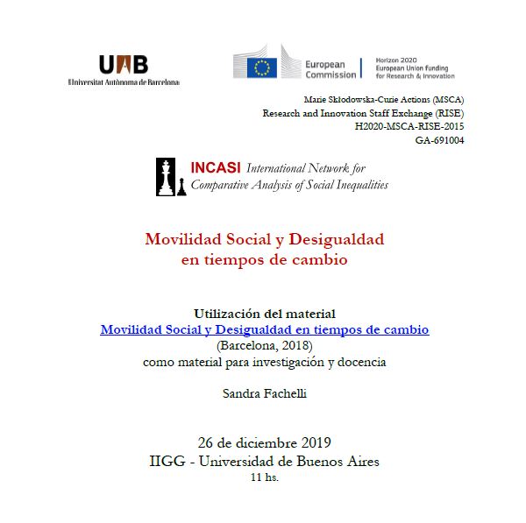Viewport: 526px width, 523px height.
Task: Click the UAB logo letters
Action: coord(124,64)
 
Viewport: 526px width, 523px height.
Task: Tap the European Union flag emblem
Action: coord(261,67)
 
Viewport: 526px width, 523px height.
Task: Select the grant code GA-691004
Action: coord(439,139)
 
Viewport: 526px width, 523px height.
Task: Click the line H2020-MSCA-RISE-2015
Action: coord(409,126)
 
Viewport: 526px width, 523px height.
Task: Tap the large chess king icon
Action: coord(165,178)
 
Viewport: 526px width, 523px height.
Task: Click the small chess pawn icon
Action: coord(181,187)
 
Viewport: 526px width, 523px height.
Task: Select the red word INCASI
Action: coord(217,167)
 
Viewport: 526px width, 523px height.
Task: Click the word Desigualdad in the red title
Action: coord(337,238)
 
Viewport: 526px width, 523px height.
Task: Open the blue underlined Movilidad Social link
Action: coord(264,330)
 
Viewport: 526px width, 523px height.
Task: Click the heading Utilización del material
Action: coord(264,314)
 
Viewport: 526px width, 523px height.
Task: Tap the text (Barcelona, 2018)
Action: coord(264,346)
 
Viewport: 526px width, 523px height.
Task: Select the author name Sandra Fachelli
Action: coord(264,393)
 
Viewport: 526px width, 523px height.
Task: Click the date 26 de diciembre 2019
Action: coord(264,442)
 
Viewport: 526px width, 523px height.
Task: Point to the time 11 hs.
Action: coord(264,477)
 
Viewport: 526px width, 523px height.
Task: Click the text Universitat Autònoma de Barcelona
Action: coord(124,82)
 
